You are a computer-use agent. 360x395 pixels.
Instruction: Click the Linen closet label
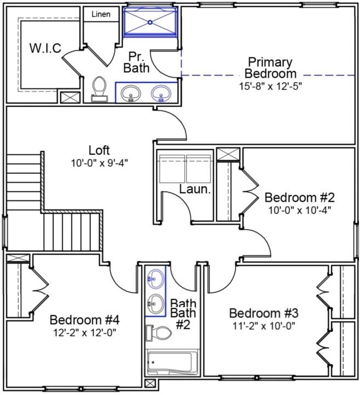(x=101, y=14)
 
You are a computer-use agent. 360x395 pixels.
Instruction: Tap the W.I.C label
(x=45, y=48)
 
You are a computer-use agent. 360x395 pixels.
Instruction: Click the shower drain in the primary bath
(x=150, y=22)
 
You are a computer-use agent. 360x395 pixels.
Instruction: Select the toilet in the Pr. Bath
(x=99, y=89)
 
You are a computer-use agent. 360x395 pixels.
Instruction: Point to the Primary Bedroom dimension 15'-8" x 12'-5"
(x=270, y=86)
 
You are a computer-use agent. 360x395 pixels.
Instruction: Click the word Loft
(x=99, y=151)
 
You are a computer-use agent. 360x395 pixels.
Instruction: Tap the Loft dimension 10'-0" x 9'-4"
(x=99, y=163)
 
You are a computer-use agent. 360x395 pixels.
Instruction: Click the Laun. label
(x=195, y=189)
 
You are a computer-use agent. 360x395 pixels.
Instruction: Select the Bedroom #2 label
(x=300, y=197)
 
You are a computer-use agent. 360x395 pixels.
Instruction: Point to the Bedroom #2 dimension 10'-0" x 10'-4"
(x=299, y=210)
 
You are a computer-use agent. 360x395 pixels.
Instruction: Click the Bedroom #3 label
(x=264, y=313)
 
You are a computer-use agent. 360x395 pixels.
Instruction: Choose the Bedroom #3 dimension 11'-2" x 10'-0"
(x=264, y=326)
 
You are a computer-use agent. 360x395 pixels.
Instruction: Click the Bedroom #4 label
(x=84, y=320)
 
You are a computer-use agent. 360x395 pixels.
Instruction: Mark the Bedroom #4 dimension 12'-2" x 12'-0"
(x=84, y=333)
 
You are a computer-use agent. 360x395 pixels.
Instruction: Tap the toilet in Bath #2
(x=159, y=333)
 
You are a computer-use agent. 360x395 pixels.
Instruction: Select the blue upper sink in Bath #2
(x=156, y=279)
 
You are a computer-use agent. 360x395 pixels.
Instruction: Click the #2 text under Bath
(x=182, y=325)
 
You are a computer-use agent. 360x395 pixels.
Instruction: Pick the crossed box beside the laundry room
(x=228, y=154)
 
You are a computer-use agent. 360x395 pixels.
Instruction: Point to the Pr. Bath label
(x=136, y=62)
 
